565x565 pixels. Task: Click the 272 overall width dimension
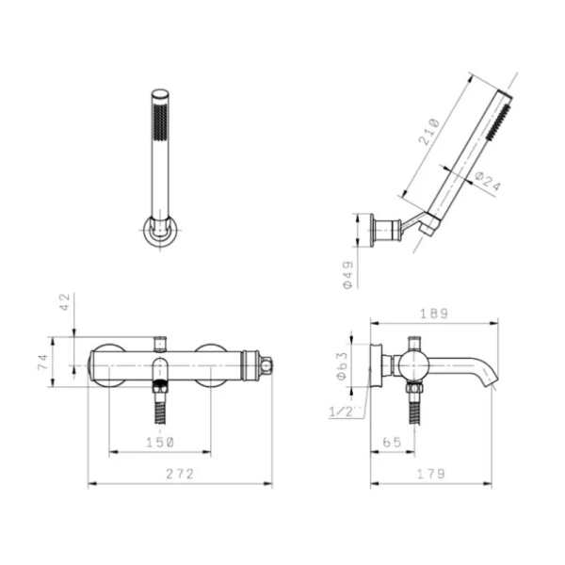coord(180,474)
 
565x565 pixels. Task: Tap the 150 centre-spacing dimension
coord(160,443)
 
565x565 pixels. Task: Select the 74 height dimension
coord(43,363)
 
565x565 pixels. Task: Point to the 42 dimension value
coord(65,302)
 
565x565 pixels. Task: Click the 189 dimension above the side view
coord(434,314)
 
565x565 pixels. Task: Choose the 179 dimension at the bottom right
coord(431,474)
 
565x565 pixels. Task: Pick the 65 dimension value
coord(392,443)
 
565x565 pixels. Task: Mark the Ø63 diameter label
coord(342,365)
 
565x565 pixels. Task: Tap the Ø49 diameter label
coord(348,275)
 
